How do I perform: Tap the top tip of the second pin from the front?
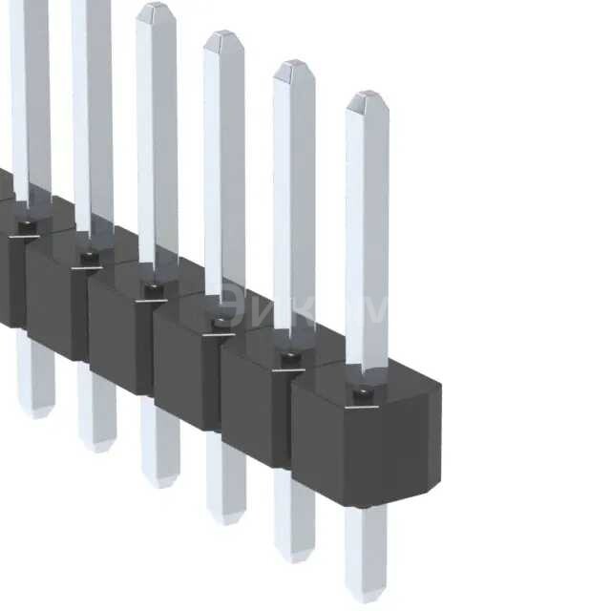(294, 64)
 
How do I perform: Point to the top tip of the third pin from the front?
(224, 34)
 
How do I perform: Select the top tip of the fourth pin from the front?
(156, 6)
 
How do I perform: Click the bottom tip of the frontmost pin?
(367, 596)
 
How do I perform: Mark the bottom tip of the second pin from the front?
(294, 556)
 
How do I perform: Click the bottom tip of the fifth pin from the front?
(97, 446)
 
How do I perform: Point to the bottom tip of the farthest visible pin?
(36, 412)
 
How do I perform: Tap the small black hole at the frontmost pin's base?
(364, 394)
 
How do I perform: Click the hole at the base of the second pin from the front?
(291, 360)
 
